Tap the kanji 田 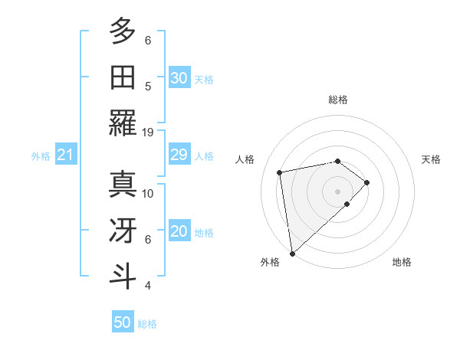pyautogui.click(x=123, y=77)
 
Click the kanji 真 pyautogui.click(x=123, y=184)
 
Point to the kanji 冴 pyautogui.click(x=123, y=230)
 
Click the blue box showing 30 pyautogui.click(x=179, y=78)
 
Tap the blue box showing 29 pyautogui.click(x=179, y=155)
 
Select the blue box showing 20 pyautogui.click(x=179, y=232)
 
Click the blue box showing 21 pyautogui.click(x=66, y=155)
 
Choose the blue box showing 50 pyautogui.click(x=123, y=322)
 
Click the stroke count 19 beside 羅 pyautogui.click(x=148, y=132)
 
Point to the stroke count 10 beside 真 pyautogui.click(x=148, y=193)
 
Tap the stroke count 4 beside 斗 pyautogui.click(x=147, y=286)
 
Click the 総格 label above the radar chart pyautogui.click(x=338, y=100)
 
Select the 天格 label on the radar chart pyautogui.click(x=432, y=159)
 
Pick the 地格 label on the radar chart pyautogui.click(x=402, y=262)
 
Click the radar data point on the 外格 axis pyautogui.click(x=292, y=253)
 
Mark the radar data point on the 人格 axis pyautogui.click(x=280, y=172)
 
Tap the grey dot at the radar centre pyautogui.click(x=338, y=190)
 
